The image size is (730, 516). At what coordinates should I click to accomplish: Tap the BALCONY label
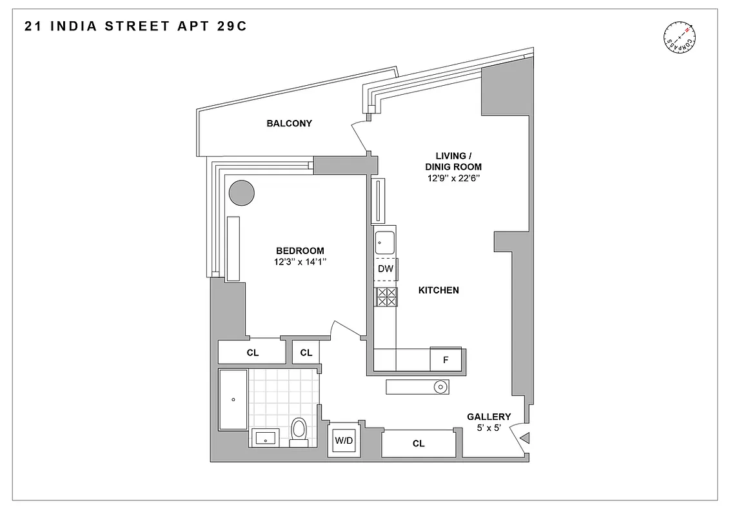point(289,123)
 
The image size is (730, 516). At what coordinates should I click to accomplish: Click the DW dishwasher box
point(385,269)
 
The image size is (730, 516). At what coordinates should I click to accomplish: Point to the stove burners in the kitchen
point(386,296)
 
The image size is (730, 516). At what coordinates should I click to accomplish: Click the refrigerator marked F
point(446,359)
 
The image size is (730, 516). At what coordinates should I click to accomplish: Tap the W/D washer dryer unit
point(344,441)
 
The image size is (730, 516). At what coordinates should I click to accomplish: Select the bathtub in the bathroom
point(233,400)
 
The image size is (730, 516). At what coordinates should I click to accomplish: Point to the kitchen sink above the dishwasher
point(385,243)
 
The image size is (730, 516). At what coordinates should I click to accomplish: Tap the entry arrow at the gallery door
point(525,439)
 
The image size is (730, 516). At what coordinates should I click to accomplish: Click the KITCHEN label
point(439,290)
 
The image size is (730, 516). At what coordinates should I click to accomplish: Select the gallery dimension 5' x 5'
point(489,428)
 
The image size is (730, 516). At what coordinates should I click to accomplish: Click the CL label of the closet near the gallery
point(419,444)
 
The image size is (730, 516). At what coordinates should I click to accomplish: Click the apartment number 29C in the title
point(228,27)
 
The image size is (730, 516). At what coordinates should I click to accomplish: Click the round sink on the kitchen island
point(440,387)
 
